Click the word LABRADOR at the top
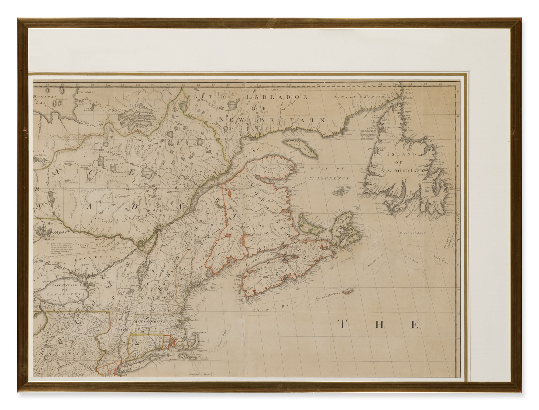tap(277, 97)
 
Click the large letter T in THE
tap(343, 324)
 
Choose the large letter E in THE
tap(414, 324)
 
